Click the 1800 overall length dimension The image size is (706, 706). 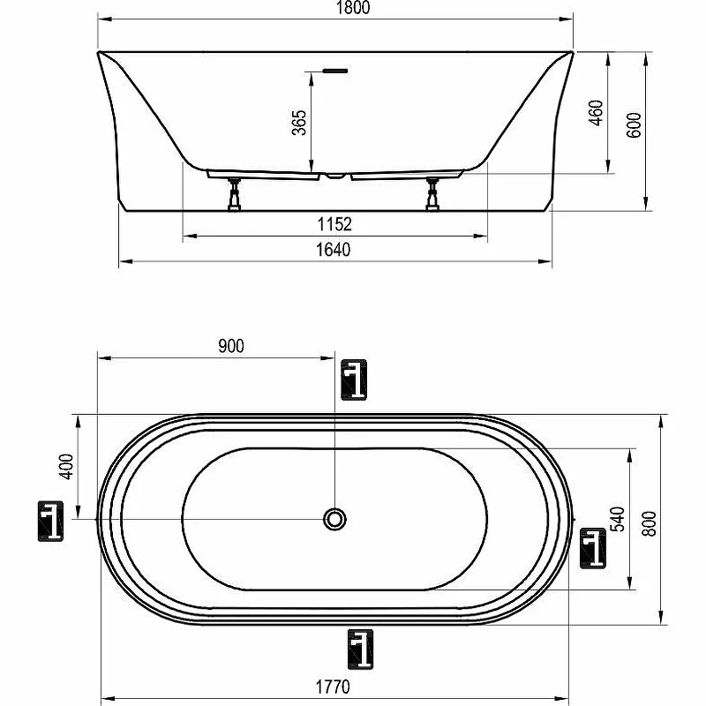tap(353, 8)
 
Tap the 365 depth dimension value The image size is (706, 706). tap(299, 123)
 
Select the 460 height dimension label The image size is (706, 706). tap(596, 113)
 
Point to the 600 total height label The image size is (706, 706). tap(634, 125)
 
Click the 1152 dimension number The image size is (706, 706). tap(334, 224)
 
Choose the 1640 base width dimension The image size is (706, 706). tap(334, 250)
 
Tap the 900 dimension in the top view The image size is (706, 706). tap(231, 346)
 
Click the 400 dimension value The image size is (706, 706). tap(66, 467)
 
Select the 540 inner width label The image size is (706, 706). tap(618, 519)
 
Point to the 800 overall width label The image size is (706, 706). tap(650, 523)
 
